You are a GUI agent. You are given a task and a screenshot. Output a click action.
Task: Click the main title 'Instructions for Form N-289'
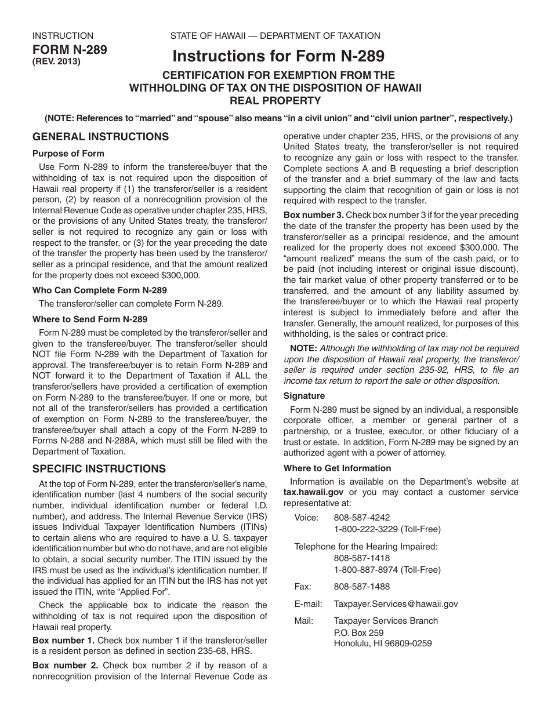[x=278, y=56]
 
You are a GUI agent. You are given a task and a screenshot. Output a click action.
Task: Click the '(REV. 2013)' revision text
[x=56, y=61]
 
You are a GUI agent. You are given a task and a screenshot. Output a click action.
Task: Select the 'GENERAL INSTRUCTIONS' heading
[x=100, y=137]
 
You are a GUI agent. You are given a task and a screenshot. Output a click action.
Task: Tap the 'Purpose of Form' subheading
[x=68, y=154]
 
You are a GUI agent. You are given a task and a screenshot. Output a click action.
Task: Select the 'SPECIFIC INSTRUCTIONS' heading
[x=99, y=469]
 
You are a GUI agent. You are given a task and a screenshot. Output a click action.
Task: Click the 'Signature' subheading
[x=304, y=396]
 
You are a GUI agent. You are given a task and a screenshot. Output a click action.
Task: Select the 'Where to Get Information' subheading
[x=337, y=468]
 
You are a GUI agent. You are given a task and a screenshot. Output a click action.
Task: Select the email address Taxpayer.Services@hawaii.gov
[x=396, y=603]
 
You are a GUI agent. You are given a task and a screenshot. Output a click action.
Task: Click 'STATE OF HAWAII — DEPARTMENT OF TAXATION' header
[x=275, y=36]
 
